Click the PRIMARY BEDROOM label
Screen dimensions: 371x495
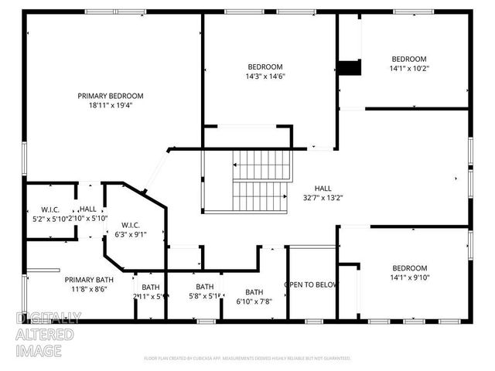pos(110,96)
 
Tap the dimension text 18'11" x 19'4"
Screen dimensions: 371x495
pos(110,106)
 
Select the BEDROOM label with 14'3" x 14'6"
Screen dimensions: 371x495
pos(265,66)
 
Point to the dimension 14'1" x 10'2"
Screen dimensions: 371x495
pos(408,69)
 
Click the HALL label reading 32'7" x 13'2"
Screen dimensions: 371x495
pos(323,189)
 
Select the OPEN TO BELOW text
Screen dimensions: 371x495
pos(311,284)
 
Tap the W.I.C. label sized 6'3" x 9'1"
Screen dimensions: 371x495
pos(129,225)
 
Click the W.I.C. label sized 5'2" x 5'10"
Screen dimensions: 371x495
pos(50,209)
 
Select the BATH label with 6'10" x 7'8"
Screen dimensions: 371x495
pos(254,292)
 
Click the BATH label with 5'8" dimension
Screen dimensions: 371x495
pos(204,286)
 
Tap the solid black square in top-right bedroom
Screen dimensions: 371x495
pos(352,68)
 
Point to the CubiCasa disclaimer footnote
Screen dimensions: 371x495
pos(247,358)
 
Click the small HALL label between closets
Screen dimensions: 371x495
pos(88,209)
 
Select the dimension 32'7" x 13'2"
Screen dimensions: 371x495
pos(323,198)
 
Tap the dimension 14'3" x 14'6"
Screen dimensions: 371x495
pos(265,77)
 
